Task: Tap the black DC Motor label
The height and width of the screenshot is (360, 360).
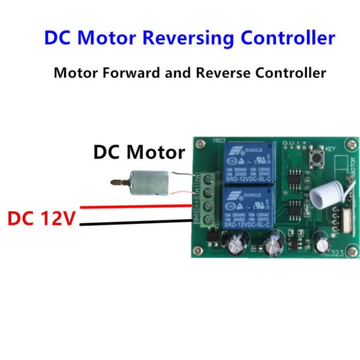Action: click(x=139, y=153)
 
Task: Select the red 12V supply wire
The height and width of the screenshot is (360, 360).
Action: click(x=135, y=207)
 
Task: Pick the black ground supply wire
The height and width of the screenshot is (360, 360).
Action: click(x=135, y=221)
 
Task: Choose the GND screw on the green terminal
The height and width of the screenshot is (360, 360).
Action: click(x=208, y=220)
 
